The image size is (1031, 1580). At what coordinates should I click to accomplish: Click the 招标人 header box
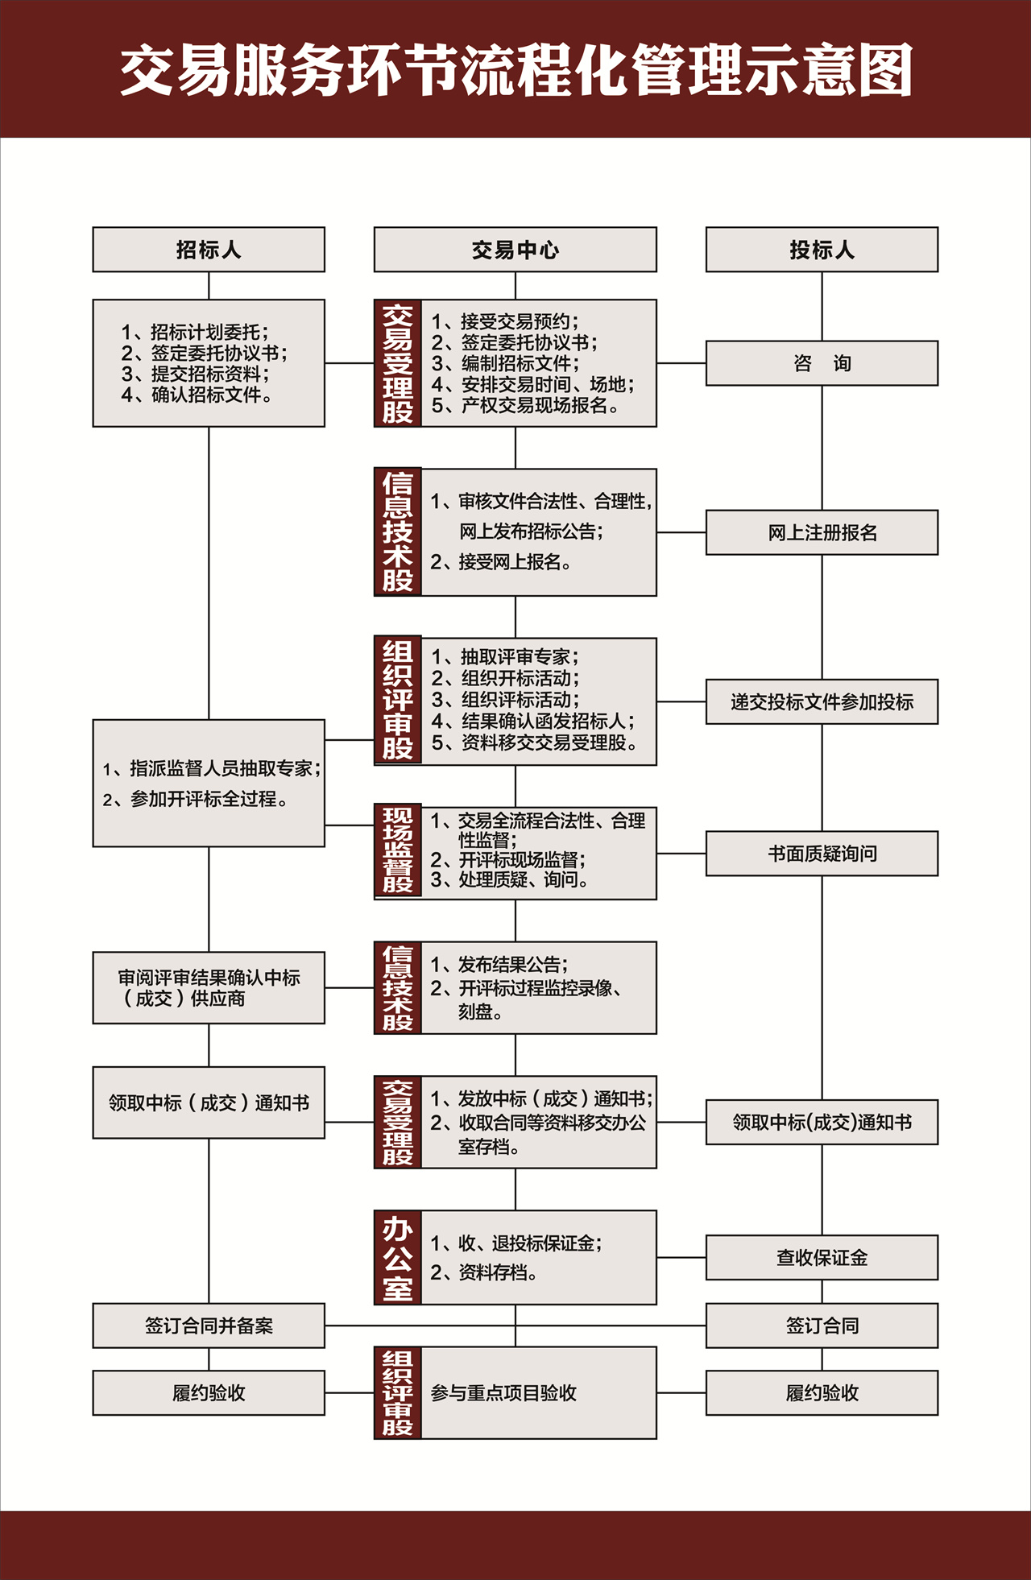pyautogui.click(x=209, y=250)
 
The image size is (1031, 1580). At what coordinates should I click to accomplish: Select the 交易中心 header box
pyautogui.click(x=515, y=250)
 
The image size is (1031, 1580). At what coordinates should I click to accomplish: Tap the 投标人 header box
pyautogui.click(x=822, y=250)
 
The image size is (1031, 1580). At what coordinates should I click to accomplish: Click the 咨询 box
pyautogui.click(x=822, y=363)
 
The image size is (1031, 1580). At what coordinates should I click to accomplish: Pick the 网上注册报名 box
pyautogui.click(x=822, y=532)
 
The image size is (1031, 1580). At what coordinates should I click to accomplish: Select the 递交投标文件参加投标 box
pyautogui.click(x=822, y=701)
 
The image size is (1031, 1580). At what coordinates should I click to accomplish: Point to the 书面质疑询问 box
pyautogui.click(x=822, y=854)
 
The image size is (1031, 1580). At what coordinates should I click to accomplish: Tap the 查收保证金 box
pyautogui.click(x=822, y=1257)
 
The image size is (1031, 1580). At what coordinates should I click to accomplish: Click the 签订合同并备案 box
pyautogui.click(x=209, y=1326)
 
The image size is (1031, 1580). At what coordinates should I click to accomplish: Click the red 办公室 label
pyautogui.click(x=398, y=1257)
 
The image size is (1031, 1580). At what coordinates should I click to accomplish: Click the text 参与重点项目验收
pyautogui.click(x=503, y=1393)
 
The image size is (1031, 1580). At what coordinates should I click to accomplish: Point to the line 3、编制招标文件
pyautogui.click(x=505, y=363)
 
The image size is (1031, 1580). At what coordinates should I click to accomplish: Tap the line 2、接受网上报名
pyautogui.click(x=500, y=562)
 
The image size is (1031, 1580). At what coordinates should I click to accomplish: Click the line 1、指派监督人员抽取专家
pyautogui.click(x=211, y=769)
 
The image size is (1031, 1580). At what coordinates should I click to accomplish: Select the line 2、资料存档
pyautogui.click(x=483, y=1272)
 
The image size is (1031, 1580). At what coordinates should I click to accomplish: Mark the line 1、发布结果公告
pyautogui.click(x=499, y=965)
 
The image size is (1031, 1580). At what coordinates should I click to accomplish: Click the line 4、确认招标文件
pyautogui.click(x=197, y=395)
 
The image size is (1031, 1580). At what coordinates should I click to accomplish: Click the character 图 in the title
pyautogui.click(x=884, y=71)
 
